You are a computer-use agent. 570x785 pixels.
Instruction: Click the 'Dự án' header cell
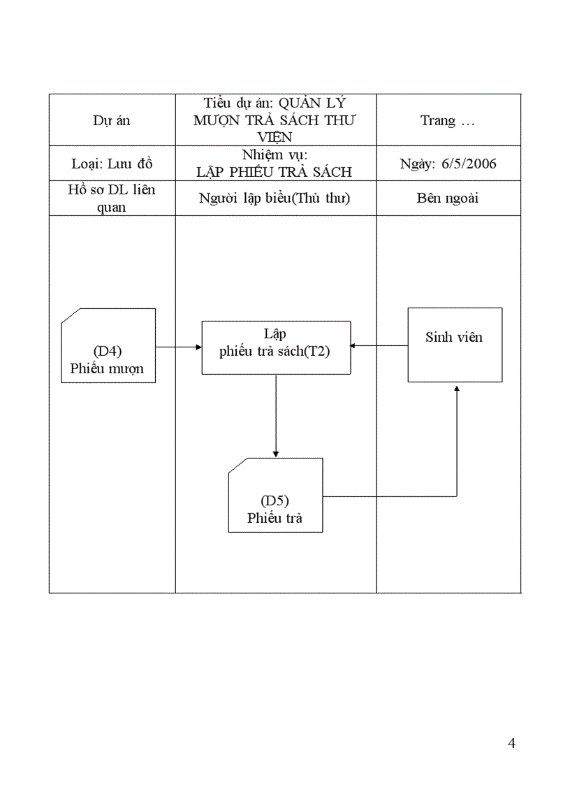(112, 120)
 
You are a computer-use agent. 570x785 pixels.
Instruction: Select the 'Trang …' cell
(448, 120)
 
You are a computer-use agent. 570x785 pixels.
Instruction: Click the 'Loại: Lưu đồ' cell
(112, 164)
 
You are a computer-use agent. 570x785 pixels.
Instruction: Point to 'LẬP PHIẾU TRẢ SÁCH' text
(274, 172)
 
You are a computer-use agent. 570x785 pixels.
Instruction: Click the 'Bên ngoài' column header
(448, 198)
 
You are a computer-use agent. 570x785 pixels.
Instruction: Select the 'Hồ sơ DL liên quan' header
(112, 199)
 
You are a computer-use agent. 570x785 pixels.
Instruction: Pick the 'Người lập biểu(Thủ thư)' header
(275, 198)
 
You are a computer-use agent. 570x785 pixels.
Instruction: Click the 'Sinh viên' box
(455, 345)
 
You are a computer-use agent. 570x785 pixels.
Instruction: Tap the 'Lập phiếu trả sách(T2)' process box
(276, 347)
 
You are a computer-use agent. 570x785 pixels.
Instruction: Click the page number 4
(512, 742)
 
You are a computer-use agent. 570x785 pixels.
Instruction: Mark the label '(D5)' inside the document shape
(275, 500)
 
